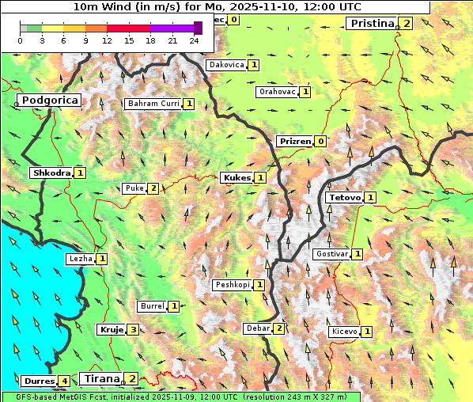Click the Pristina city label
371,24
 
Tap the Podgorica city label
49,100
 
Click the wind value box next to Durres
64,381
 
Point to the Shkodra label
51,173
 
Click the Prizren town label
294,142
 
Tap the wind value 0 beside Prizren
320,142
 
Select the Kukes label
236,178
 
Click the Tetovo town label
343,197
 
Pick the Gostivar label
331,254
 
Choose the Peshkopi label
233,285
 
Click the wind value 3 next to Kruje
133,330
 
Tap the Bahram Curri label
153,104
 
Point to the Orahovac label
277,92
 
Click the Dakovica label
226,65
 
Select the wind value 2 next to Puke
153,188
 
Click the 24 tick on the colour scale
194,40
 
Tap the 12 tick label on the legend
107,40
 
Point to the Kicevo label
345,332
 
